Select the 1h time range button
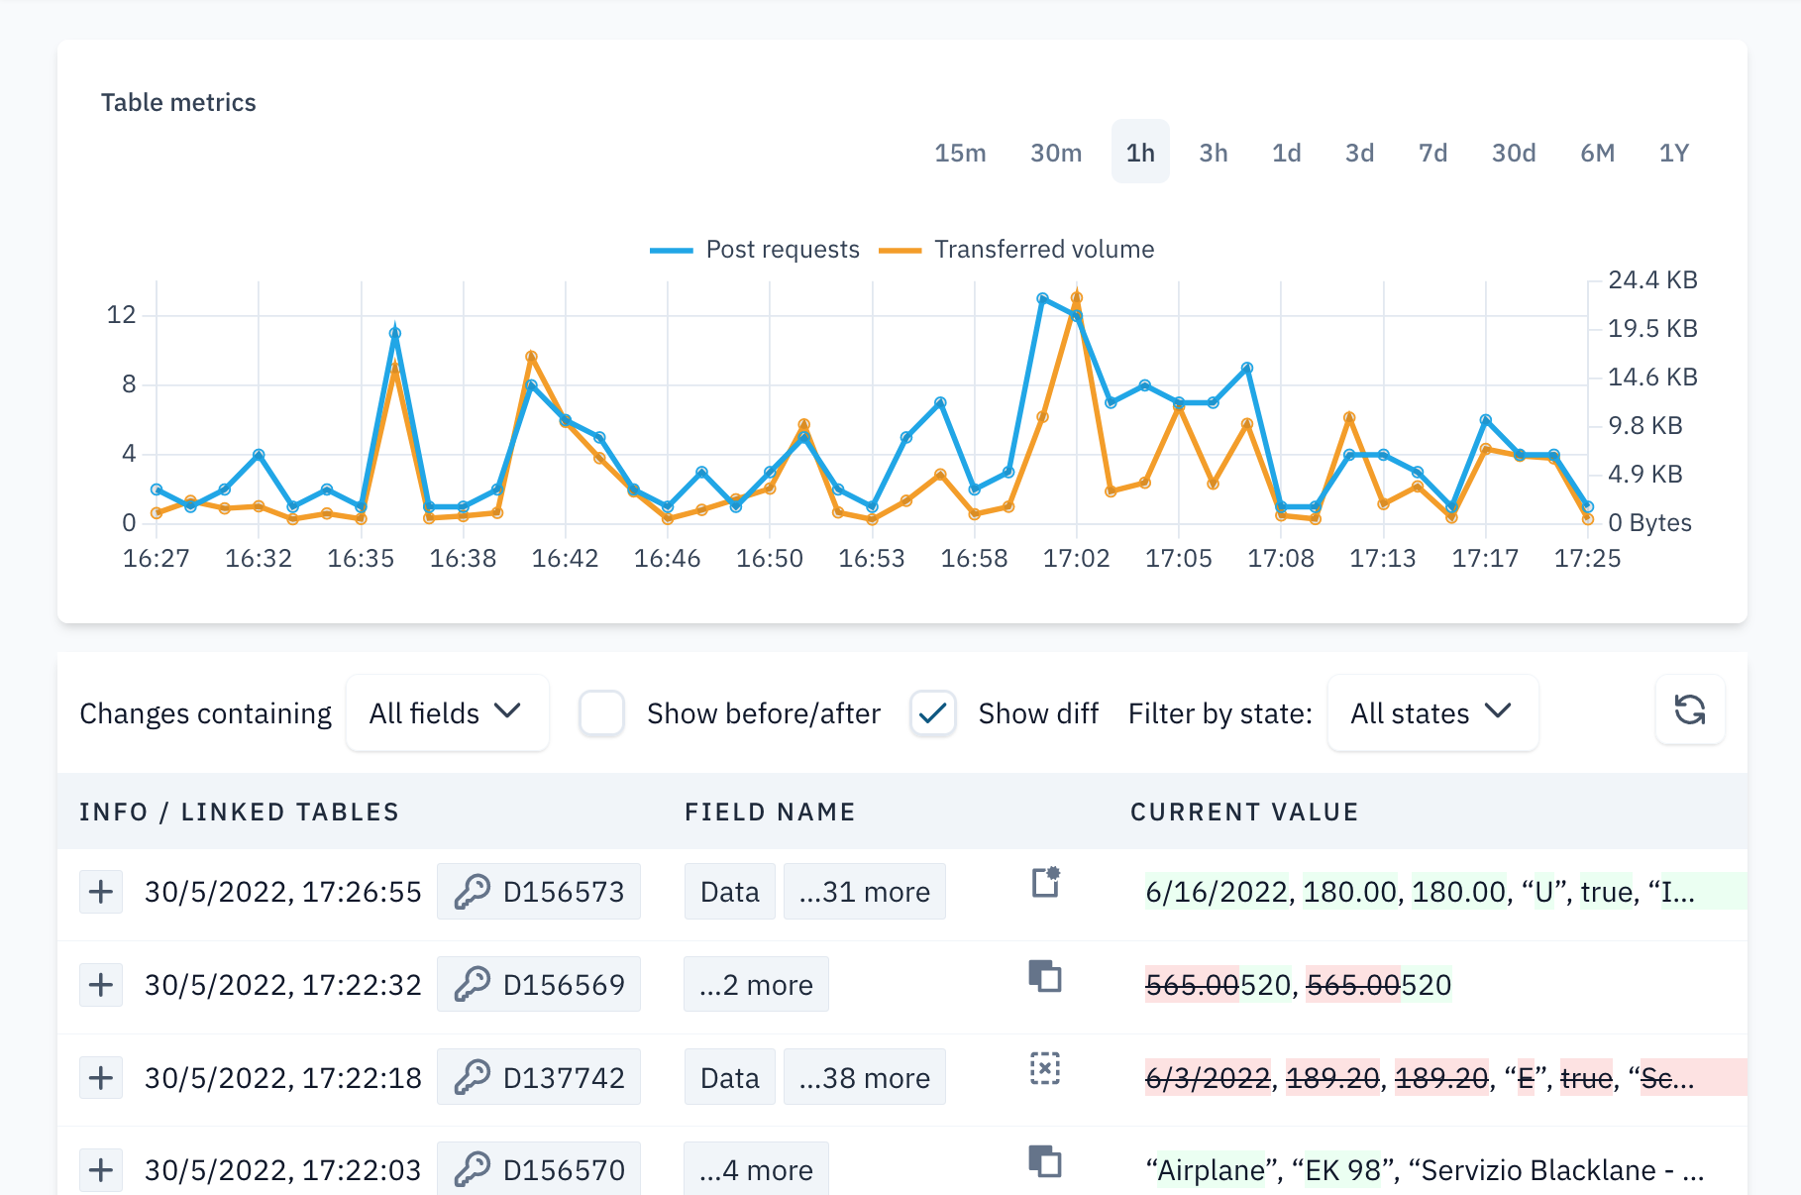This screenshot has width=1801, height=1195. (x=1140, y=153)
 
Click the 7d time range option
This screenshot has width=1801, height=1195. (x=1432, y=153)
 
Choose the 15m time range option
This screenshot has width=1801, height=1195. (x=960, y=153)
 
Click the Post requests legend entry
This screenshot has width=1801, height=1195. (x=755, y=250)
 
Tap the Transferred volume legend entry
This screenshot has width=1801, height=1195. (x=1017, y=250)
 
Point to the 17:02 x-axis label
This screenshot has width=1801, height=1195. (x=1076, y=559)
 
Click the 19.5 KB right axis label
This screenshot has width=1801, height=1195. (x=1651, y=329)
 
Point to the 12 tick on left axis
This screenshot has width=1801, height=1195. (x=121, y=315)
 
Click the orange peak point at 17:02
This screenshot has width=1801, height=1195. (x=1077, y=297)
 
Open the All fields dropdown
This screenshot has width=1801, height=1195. (x=447, y=713)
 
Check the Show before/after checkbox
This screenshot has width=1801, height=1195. (x=601, y=713)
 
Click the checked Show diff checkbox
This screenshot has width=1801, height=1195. (x=932, y=713)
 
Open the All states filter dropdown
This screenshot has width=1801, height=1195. (x=1431, y=713)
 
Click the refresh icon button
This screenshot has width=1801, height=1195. (x=1689, y=709)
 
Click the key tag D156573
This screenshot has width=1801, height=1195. (x=539, y=892)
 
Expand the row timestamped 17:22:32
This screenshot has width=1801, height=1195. (x=101, y=985)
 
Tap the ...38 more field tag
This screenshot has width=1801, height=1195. (x=864, y=1078)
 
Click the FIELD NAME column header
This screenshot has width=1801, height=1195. (x=770, y=813)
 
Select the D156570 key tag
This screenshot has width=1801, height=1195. (x=539, y=1170)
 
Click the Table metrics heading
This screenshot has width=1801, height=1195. (x=178, y=103)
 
